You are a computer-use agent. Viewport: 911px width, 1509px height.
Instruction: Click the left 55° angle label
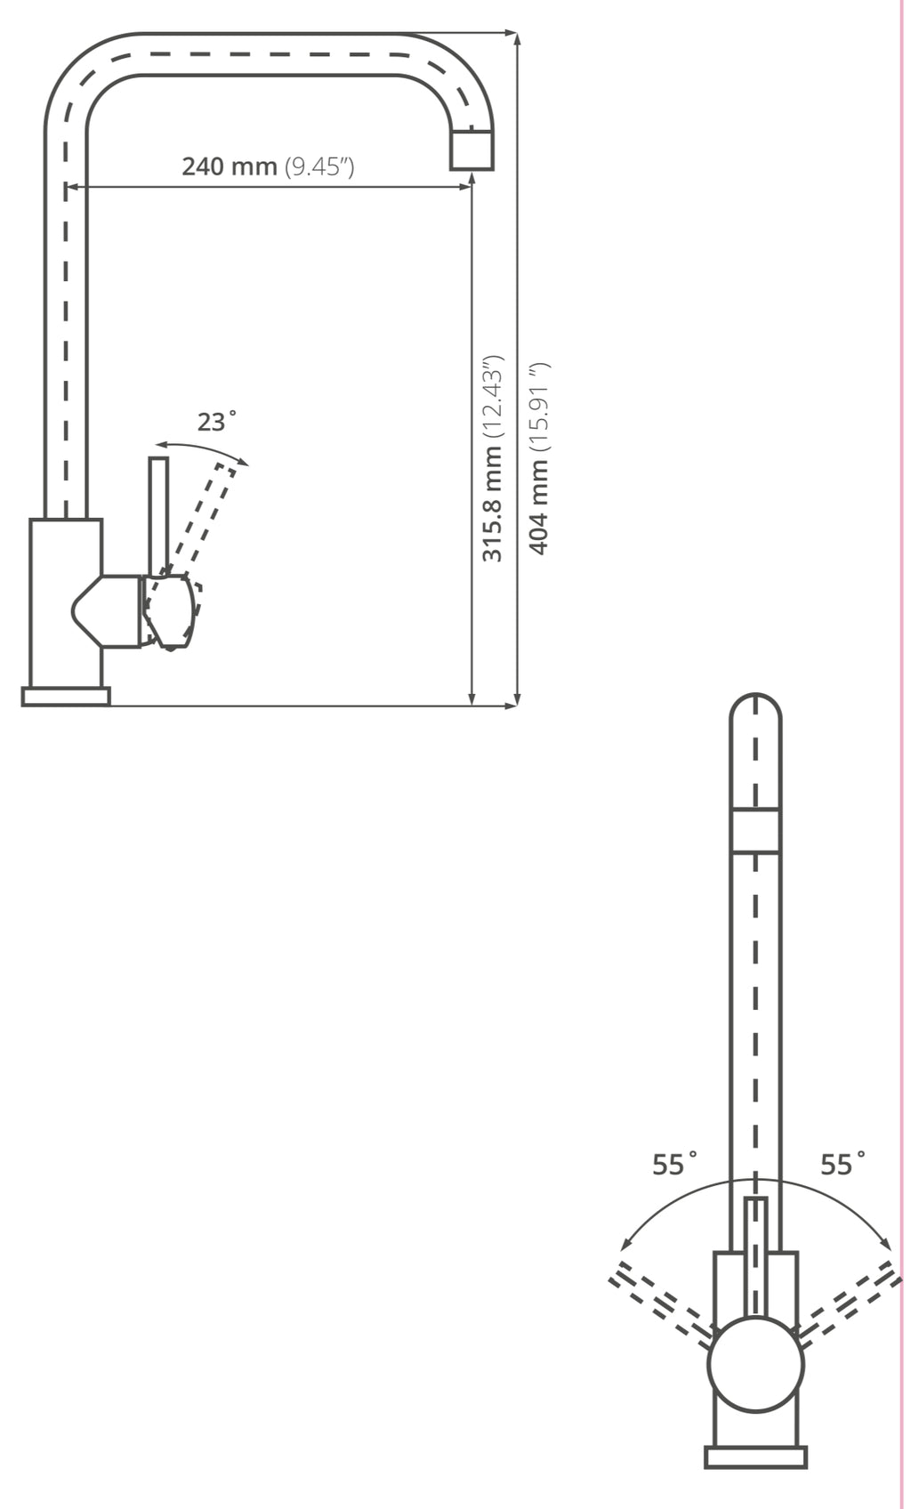pos(674,1164)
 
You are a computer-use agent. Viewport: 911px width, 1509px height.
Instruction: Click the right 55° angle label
pos(843,1164)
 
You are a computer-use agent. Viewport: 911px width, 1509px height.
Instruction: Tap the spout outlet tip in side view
pos(472,149)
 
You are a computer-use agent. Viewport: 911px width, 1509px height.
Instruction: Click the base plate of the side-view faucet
pos(66,697)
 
